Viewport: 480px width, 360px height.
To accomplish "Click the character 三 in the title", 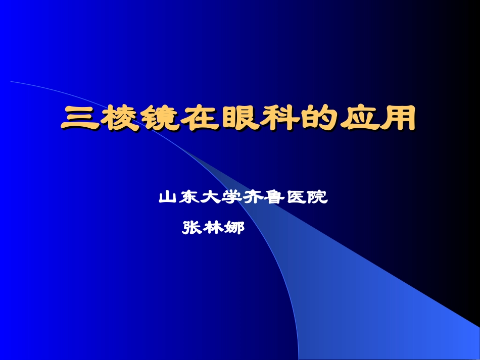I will coord(80,119).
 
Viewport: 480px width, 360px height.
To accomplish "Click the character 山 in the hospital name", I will coord(168,197).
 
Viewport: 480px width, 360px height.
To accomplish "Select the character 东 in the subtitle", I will coord(189,197).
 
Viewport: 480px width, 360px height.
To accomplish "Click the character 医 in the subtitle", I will coord(296,197).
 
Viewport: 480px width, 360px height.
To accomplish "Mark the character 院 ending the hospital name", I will coord(318,197).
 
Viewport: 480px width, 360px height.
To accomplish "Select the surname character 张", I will coord(191,228).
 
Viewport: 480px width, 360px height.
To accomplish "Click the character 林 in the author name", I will coord(213,228).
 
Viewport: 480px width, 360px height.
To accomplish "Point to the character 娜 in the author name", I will coord(234,228).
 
